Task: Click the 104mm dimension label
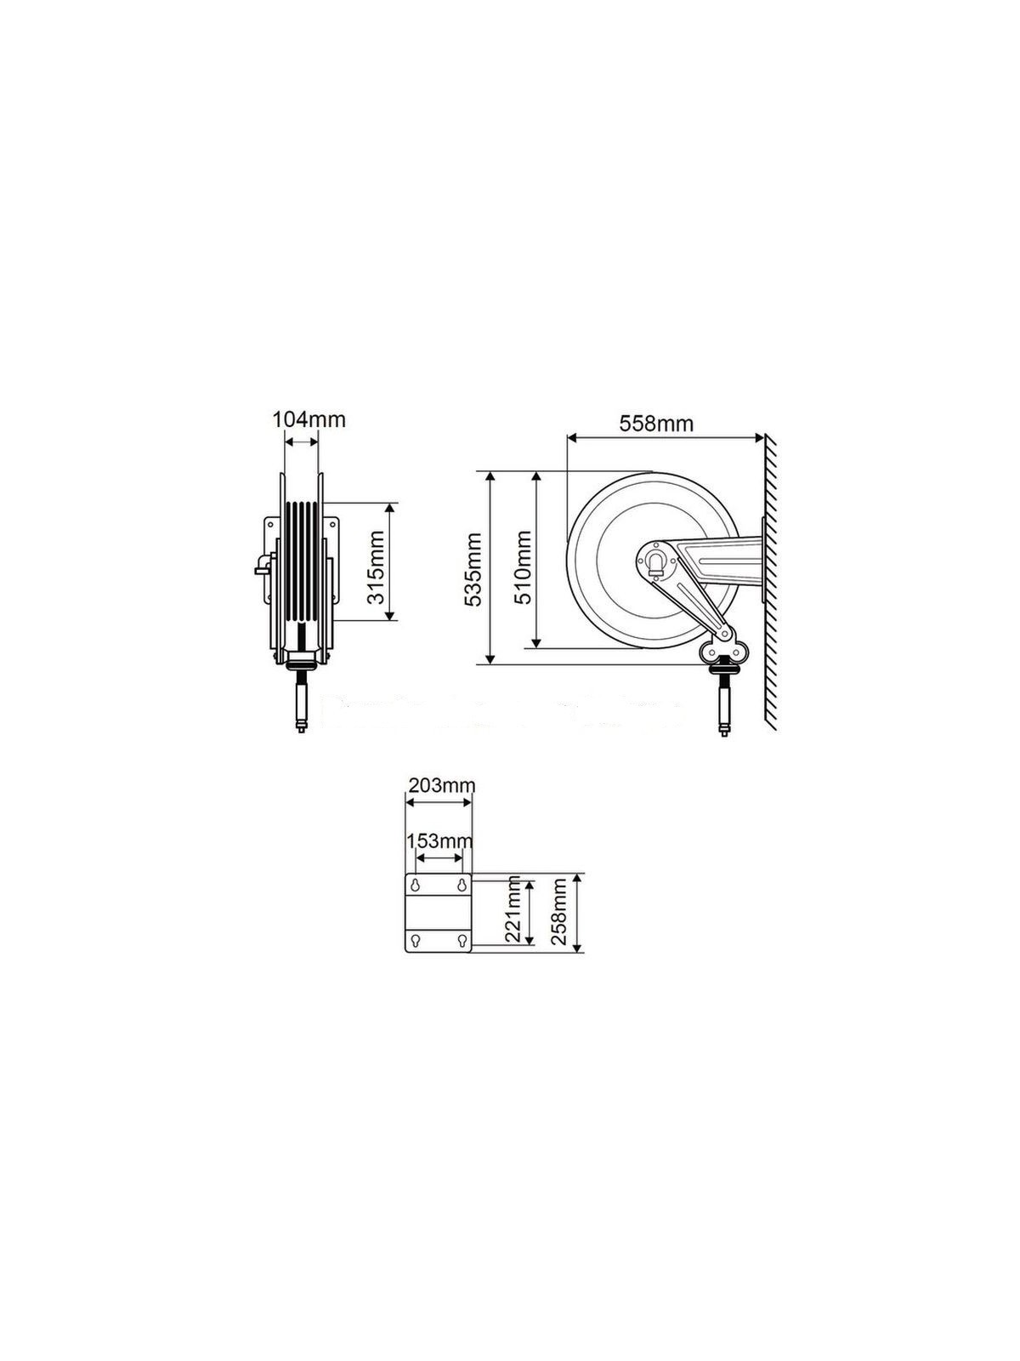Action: (309, 419)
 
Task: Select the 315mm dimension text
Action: (376, 562)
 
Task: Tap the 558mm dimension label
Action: (656, 424)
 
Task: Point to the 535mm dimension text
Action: (473, 569)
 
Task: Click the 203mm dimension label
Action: (440, 784)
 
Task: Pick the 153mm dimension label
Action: (438, 841)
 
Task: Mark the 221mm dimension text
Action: (513, 913)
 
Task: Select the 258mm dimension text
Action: (560, 913)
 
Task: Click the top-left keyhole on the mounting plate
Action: (415, 886)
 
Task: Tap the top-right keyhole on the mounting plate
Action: (462, 886)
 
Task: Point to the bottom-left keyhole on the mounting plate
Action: (415, 941)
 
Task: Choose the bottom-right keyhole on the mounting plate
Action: (462, 941)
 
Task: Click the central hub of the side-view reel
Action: (656, 561)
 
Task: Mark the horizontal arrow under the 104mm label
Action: (301, 441)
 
